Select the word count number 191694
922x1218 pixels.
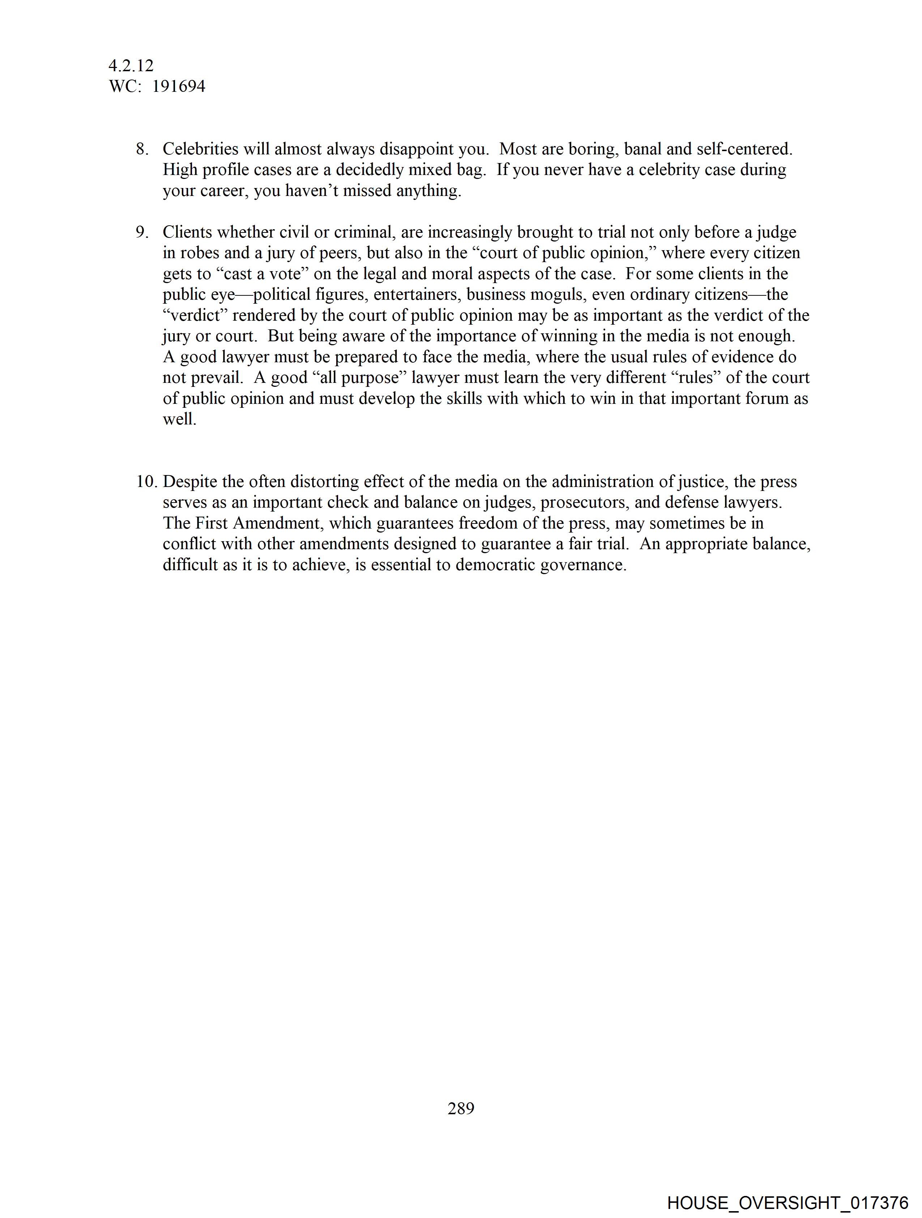pos(179,86)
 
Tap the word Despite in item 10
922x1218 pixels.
pos(190,482)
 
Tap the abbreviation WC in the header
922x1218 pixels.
pos(122,86)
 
